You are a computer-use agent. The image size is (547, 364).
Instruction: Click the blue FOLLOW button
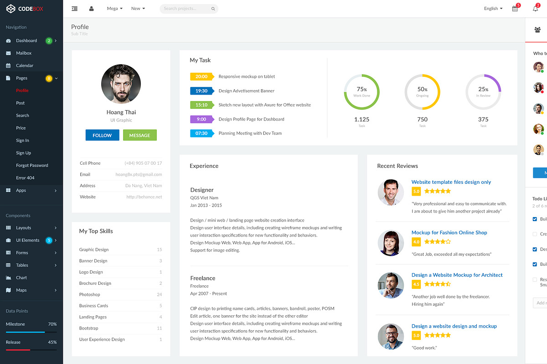102,135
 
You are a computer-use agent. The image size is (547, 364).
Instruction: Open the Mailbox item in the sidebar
24,53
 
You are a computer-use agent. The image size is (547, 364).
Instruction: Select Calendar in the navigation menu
25,66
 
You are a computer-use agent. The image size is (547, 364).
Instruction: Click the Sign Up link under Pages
24,153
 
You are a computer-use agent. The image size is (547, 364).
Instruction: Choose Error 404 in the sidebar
25,178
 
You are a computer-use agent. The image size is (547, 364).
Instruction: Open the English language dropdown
493,9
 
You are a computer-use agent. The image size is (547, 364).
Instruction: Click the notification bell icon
536,9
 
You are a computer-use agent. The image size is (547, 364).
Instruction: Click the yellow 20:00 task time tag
201,76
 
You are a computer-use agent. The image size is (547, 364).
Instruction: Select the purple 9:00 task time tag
201,119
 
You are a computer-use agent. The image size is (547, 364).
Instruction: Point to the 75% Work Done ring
361,92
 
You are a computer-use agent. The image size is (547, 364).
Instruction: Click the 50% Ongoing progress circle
422,92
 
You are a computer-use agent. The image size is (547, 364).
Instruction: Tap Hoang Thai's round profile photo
121,84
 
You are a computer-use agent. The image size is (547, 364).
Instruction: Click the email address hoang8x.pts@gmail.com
139,174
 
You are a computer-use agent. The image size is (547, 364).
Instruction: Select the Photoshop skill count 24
160,294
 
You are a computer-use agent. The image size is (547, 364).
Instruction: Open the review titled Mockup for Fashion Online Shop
449,233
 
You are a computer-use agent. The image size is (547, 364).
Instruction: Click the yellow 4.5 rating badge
416,284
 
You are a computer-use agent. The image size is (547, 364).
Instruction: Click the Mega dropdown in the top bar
114,9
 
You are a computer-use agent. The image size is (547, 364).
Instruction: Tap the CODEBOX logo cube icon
10,9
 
